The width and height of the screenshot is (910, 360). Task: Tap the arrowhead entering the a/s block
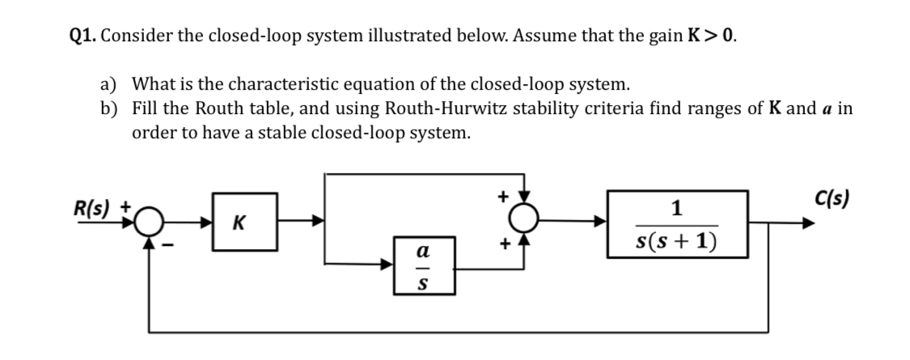tap(388, 264)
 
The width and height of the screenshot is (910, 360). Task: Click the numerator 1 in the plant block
tap(678, 207)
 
